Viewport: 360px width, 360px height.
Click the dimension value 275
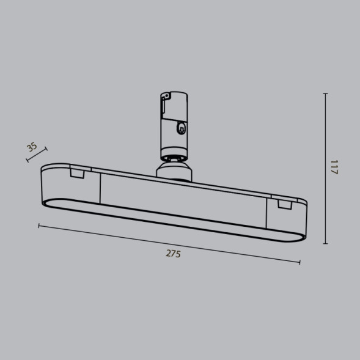pos(173,254)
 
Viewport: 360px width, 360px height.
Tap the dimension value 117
pos(334,167)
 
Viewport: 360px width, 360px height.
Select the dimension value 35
pos(32,147)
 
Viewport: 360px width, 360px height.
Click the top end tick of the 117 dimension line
pos(325,94)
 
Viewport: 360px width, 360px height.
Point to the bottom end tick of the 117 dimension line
pos(325,243)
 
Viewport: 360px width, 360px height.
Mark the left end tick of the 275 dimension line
pos(39,226)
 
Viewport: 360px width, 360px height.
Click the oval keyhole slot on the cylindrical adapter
pos(180,128)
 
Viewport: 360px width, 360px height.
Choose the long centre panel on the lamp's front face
pos(183,202)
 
